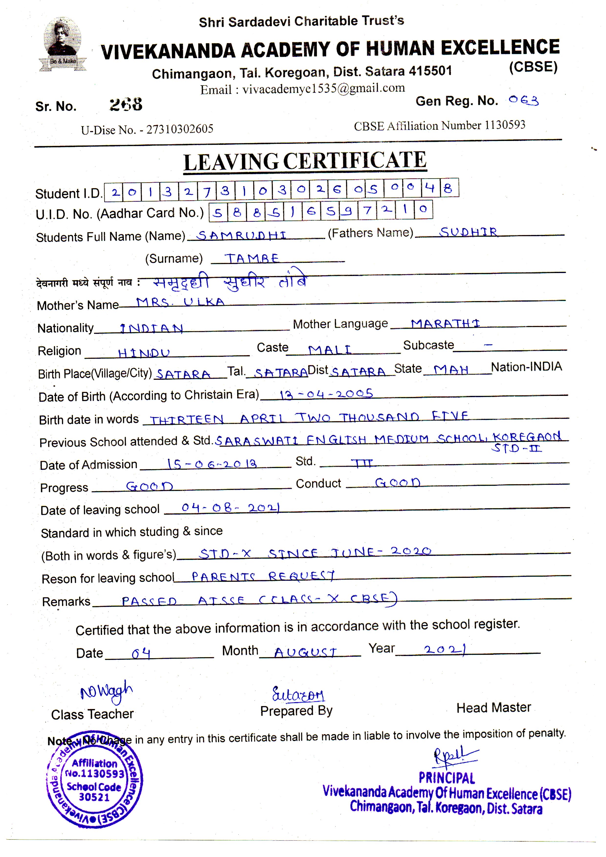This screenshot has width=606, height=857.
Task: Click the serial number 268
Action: (126, 104)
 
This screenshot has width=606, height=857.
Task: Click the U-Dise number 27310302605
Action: (180, 129)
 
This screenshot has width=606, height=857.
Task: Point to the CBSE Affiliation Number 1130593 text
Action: (439, 126)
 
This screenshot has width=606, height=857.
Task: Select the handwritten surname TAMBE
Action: (251, 258)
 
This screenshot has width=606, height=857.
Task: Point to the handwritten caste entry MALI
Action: (330, 350)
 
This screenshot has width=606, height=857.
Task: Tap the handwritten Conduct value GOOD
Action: (398, 483)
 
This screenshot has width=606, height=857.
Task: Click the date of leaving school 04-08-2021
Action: (230, 508)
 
